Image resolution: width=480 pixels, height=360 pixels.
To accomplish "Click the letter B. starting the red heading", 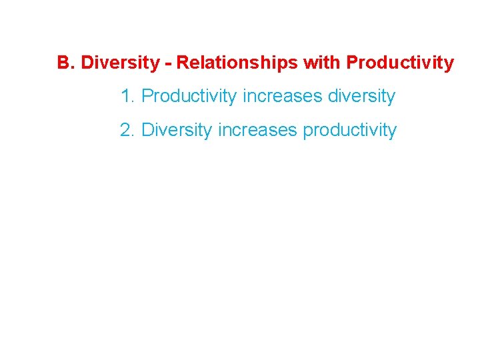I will tap(65, 63).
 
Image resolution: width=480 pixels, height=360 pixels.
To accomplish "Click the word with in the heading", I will tap(323, 63).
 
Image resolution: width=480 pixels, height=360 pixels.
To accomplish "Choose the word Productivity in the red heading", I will tap(400, 63).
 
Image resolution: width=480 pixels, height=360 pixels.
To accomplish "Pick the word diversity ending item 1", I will tap(362, 97).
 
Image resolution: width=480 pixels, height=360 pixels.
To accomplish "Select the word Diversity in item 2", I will tap(177, 130).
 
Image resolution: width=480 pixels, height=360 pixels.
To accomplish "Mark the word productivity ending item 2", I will tap(350, 130).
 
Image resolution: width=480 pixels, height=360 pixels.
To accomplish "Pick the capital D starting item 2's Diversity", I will tap(148, 130).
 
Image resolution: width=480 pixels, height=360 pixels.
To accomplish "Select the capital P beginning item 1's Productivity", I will tap(147, 97).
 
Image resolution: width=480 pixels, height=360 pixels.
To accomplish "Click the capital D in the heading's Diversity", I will tap(87, 63).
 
